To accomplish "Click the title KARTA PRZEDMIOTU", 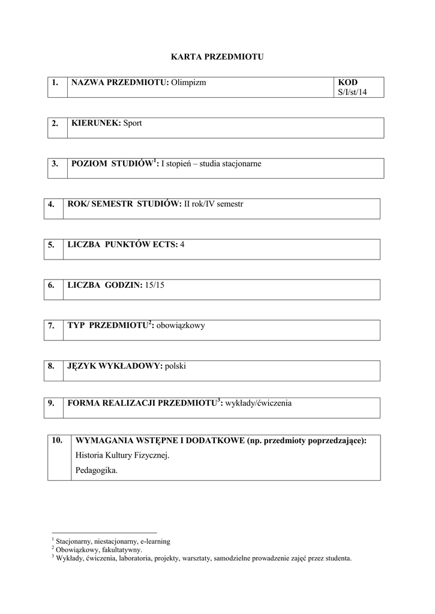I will [x=217, y=57].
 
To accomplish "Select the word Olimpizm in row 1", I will [x=188, y=82].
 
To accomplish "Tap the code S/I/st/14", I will [x=352, y=92].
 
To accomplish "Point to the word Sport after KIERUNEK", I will [x=133, y=123].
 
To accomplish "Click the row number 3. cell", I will [x=55, y=164].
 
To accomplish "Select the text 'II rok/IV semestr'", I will [x=214, y=204].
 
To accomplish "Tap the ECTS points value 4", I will [x=182, y=244].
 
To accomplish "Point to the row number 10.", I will [x=58, y=440].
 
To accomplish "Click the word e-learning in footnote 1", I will [x=155, y=541].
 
